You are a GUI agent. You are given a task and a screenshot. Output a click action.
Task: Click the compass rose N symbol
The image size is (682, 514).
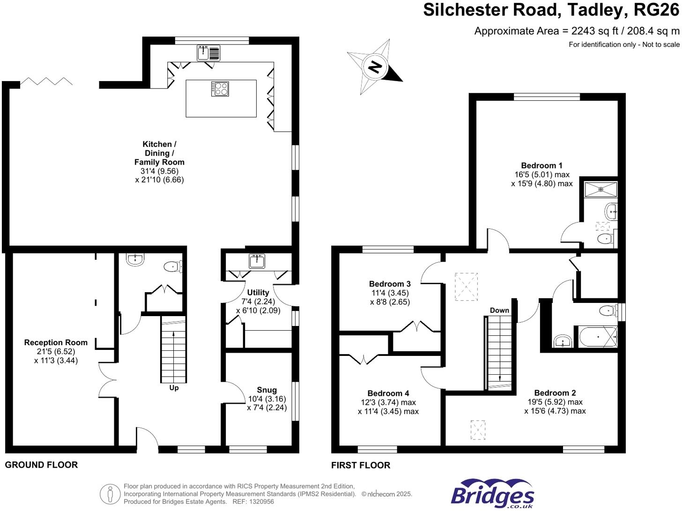click(375, 67)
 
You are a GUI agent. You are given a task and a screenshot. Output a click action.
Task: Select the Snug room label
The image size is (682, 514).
click(267, 390)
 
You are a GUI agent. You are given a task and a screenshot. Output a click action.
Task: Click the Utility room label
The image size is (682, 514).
click(258, 292)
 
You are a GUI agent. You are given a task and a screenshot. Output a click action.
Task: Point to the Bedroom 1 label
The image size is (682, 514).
click(541, 166)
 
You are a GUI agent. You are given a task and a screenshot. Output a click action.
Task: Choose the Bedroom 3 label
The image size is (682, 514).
click(390, 284)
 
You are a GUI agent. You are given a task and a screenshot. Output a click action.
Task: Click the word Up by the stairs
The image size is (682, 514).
click(174, 388)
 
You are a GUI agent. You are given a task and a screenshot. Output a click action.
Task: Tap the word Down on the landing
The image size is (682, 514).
click(499, 310)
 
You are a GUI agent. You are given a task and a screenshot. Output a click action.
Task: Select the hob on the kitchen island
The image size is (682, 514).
click(220, 89)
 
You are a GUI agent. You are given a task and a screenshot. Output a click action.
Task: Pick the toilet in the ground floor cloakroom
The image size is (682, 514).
click(173, 267)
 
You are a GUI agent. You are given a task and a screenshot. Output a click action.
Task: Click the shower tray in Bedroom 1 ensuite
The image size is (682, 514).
click(601, 189)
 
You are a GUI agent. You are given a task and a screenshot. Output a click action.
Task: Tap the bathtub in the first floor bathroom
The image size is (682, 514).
click(598, 337)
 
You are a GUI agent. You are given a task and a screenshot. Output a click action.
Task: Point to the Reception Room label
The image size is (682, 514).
click(56, 342)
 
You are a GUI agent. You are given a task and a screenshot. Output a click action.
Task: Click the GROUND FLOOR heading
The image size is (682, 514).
click(41, 465)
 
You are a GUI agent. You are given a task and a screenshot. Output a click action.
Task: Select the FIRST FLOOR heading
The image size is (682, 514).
click(360, 465)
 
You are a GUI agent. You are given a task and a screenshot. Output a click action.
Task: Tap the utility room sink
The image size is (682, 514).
click(257, 261)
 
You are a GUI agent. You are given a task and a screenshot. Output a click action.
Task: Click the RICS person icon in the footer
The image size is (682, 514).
click(110, 494)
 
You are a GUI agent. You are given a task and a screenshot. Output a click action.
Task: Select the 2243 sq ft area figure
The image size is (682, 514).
click(587, 31)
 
